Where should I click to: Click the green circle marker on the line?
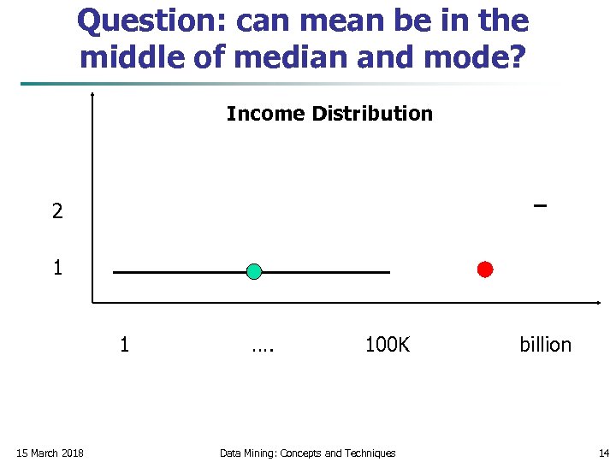[253, 272]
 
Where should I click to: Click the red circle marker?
[485, 269]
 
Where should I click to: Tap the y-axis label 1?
[56, 268]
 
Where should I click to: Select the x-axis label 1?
[124, 345]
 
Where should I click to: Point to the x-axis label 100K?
[388, 345]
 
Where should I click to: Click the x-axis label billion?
[545, 345]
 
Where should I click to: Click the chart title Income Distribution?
[329, 114]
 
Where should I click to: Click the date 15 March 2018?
[50, 453]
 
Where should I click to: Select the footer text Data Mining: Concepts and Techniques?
[307, 453]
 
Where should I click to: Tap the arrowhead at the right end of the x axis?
[597, 303]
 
